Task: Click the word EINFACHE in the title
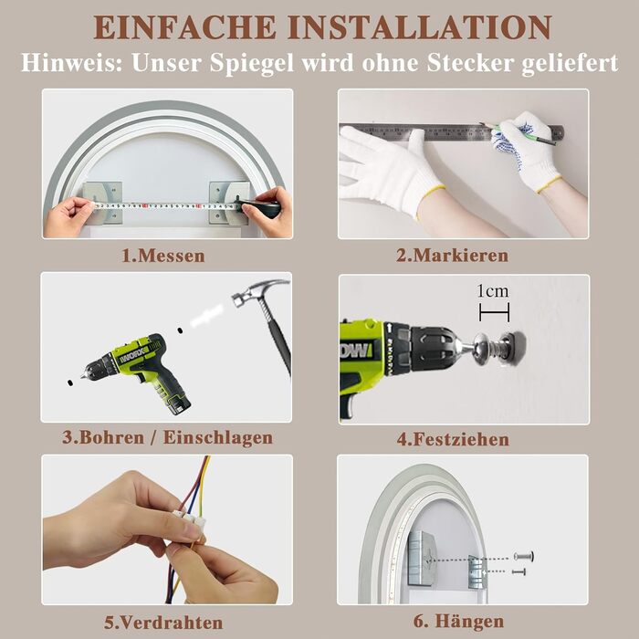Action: point(185,27)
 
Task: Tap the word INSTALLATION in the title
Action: point(420,27)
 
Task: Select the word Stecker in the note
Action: point(471,63)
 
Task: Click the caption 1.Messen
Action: point(163,256)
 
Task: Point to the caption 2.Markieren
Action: point(453,256)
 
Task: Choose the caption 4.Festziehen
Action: point(453,439)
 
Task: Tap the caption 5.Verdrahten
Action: point(163,623)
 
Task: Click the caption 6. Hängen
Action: point(458,622)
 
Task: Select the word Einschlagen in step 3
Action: point(218,437)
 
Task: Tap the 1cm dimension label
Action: point(493,291)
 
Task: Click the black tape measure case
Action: point(261,207)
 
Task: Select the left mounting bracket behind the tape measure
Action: point(102,203)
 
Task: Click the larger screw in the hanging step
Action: point(524,556)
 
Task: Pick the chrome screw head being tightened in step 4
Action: point(482,347)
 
